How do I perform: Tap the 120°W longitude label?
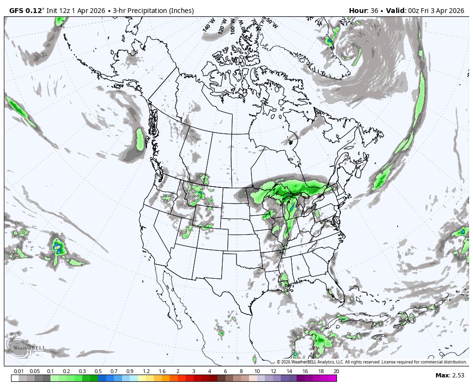[x=222, y=26]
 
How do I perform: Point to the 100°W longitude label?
[x=234, y=25]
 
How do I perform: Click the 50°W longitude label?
[x=272, y=23]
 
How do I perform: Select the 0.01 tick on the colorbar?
[x=19, y=371]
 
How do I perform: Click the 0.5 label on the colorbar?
[x=98, y=371]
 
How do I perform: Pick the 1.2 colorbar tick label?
[x=146, y=371]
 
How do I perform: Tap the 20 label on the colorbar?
[x=336, y=371]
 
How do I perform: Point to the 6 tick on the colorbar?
[x=225, y=371]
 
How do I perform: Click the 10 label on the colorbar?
[x=257, y=371]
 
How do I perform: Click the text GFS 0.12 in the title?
[x=26, y=11]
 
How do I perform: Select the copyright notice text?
[x=372, y=362]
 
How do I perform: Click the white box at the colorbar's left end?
[x=15, y=378]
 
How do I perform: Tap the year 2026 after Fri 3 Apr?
[x=454, y=11]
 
